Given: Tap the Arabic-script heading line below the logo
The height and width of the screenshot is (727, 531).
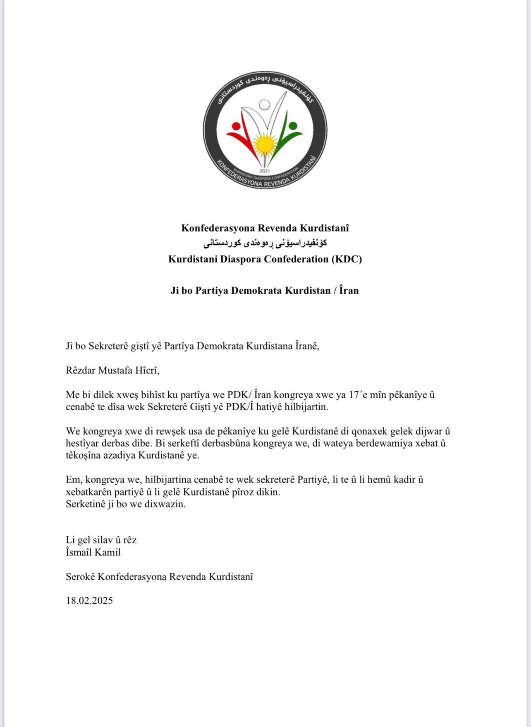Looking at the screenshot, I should [265, 243].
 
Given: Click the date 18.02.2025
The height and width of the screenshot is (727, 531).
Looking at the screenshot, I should [89, 600].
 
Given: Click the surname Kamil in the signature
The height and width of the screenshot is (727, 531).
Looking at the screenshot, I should [108, 552].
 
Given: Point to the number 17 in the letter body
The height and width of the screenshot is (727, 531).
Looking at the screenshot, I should [354, 395].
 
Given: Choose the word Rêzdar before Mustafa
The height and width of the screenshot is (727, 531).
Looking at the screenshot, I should [81, 370].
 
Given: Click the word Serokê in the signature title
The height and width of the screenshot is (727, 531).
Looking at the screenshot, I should [80, 576].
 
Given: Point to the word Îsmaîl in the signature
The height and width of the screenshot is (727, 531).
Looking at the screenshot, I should [79, 552].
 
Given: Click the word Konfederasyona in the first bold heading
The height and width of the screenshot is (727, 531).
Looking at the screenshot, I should [218, 228].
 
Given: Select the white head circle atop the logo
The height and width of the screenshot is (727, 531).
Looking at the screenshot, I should [264, 104].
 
